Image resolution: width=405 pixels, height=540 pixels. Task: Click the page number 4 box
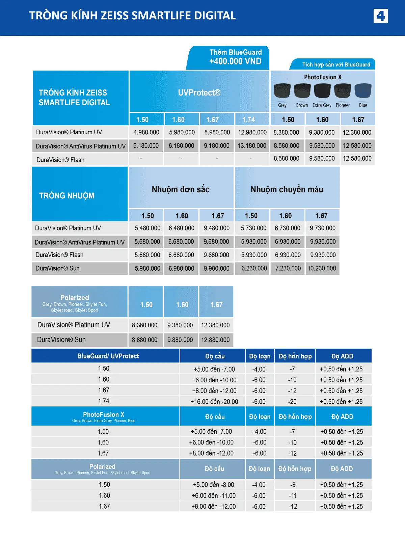[380, 16]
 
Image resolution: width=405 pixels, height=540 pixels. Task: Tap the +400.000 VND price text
[235, 61]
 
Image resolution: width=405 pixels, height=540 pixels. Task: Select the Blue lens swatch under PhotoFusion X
[363, 91]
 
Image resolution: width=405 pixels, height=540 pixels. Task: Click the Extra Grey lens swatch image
[322, 91]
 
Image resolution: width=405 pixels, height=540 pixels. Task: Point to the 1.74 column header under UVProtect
[248, 119]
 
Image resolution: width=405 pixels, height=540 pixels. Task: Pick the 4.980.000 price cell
[146, 132]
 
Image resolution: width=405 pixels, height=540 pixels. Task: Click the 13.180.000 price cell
[252, 146]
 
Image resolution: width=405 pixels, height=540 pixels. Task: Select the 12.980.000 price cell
[252, 132]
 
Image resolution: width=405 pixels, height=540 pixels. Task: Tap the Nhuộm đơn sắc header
[181, 189]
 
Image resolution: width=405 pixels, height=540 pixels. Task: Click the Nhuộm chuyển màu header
[287, 189]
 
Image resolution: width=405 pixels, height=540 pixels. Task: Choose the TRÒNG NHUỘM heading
[67, 196]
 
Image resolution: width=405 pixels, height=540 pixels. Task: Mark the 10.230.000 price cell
[322, 268]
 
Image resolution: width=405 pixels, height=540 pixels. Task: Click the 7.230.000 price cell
[288, 268]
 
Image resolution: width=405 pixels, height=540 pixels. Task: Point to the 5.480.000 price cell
[147, 228]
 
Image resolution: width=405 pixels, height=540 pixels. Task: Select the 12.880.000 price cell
[215, 340]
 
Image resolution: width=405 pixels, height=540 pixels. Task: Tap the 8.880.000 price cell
[144, 340]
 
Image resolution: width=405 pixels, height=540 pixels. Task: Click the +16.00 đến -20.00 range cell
[214, 402]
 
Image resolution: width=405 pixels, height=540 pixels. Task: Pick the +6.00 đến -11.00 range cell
[213, 495]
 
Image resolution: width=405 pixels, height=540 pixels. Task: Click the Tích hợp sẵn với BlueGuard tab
[336, 64]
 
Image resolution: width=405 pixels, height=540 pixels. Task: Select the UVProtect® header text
[199, 93]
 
